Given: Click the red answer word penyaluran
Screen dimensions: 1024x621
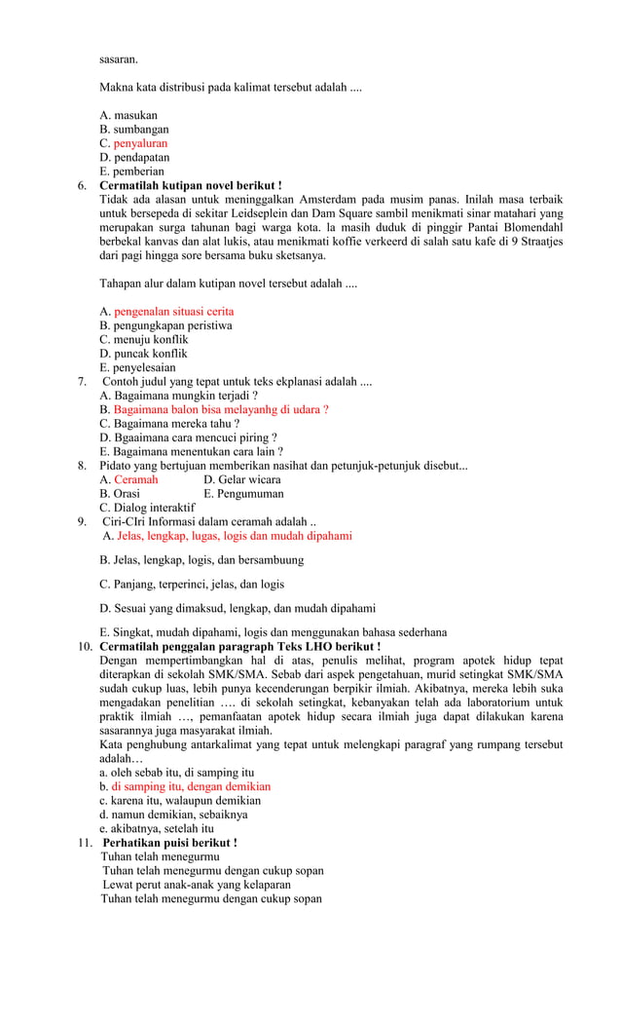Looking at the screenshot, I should tap(140, 143).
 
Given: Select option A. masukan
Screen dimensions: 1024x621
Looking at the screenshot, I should tap(128, 115).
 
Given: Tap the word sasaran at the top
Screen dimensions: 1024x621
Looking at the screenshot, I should tap(119, 59).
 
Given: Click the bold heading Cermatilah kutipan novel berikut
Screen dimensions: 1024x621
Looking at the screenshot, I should tap(191, 185).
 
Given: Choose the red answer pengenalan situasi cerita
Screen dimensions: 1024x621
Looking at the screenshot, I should tap(173, 312).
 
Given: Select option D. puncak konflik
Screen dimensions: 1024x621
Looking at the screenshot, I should tap(144, 354).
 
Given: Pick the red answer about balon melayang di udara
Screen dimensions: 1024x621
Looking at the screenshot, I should tap(220, 410).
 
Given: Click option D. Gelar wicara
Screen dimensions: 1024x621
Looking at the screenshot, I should tap(242, 479).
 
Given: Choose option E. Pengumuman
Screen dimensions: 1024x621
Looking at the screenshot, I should tap(243, 494).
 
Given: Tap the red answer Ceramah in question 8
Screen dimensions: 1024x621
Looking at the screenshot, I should tap(135, 479).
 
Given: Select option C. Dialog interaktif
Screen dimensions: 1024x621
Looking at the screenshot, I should tap(147, 508).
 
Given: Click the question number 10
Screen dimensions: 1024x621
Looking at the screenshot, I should tap(85, 646).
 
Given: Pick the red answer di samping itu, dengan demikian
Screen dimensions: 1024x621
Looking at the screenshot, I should tap(190, 786).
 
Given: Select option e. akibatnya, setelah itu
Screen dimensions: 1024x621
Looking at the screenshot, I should tap(157, 829).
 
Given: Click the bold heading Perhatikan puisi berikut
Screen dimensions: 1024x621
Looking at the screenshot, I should tap(169, 843).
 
